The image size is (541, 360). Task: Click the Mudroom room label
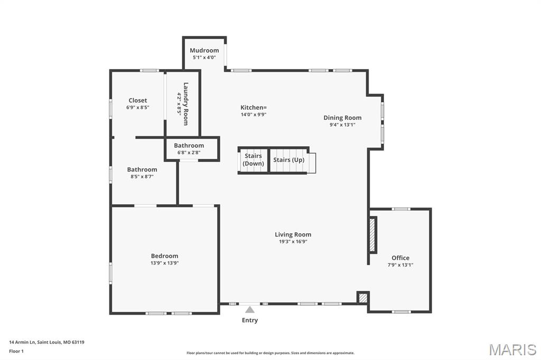204,51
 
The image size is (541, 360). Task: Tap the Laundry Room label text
185,103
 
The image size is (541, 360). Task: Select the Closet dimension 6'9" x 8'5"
137,107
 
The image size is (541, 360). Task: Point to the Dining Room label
342,118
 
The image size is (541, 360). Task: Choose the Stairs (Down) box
253,160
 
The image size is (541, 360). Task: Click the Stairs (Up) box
288,160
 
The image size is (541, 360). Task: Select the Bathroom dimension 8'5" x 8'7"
142,176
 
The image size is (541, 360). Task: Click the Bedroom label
164,256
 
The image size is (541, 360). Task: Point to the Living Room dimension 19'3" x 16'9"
293,241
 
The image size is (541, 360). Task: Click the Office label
400,258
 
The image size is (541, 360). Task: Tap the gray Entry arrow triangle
250,310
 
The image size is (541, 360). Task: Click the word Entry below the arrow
250,320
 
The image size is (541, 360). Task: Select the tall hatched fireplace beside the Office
372,235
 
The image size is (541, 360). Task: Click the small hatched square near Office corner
362,298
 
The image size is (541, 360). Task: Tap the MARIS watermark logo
512,349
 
